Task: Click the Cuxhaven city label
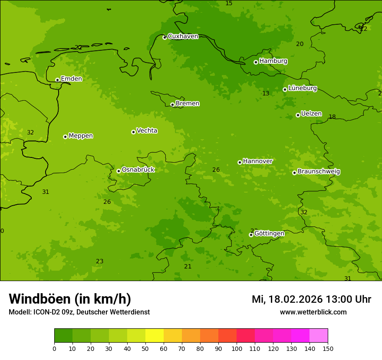pos(183,36)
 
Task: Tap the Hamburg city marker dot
pos(256,62)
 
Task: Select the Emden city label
pos(71,79)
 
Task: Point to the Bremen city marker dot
pos(172,105)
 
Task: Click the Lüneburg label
pos(302,88)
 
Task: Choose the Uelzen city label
pos(311,114)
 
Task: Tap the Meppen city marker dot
pos(66,137)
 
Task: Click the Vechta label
pos(147,131)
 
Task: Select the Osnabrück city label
pos(138,170)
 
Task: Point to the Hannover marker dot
pos(240,162)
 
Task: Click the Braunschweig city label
pos(319,172)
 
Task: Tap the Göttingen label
pos(269,234)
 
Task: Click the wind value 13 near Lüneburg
pos(266,94)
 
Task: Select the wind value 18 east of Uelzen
pos(332,117)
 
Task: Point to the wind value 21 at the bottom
pos(188,267)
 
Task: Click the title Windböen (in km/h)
pos(70,299)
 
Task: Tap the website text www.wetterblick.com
pos(313,312)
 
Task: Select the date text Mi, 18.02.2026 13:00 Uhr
pos(311,299)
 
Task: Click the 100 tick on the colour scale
pos(237,348)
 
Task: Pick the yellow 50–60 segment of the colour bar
pos(155,336)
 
